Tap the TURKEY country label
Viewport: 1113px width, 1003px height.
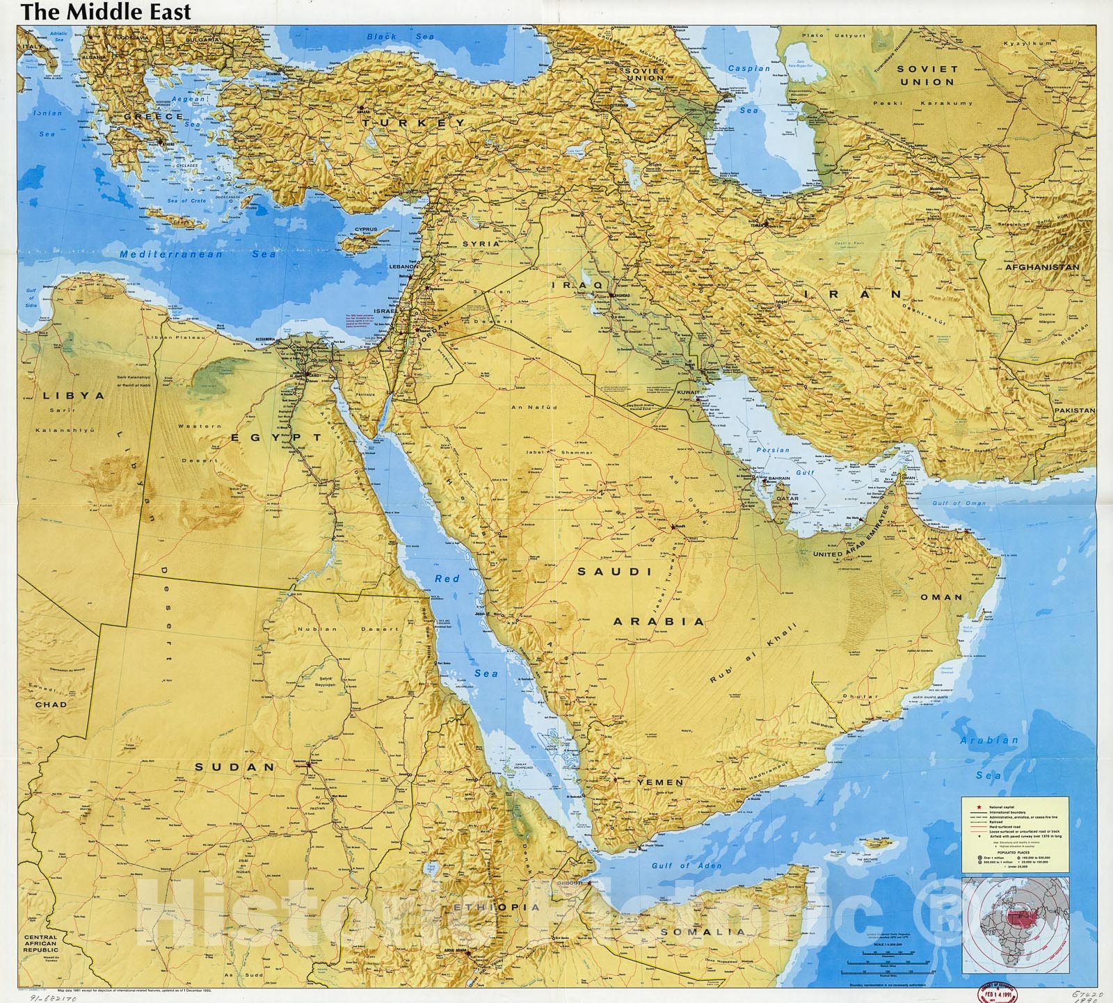tap(413, 122)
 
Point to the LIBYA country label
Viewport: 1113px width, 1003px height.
tap(73, 395)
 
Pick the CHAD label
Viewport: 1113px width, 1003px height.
tap(51, 704)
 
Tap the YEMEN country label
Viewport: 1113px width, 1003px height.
tap(660, 783)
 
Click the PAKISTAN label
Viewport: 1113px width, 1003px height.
tap(1074, 410)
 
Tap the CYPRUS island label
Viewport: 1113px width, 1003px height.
tap(365, 230)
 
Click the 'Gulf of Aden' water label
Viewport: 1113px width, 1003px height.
tap(686, 865)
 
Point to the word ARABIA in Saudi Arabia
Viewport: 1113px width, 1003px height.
tap(659, 621)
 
